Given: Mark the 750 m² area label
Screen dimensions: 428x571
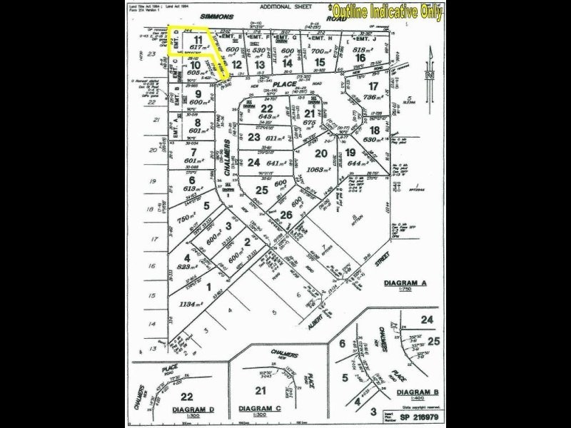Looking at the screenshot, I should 186,222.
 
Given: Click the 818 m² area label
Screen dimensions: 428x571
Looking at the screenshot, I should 363,51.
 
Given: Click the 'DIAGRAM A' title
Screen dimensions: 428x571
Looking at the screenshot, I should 405,283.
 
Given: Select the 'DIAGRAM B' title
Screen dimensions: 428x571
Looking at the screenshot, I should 417,392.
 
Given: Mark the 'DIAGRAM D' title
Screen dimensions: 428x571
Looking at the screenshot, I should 193,409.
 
